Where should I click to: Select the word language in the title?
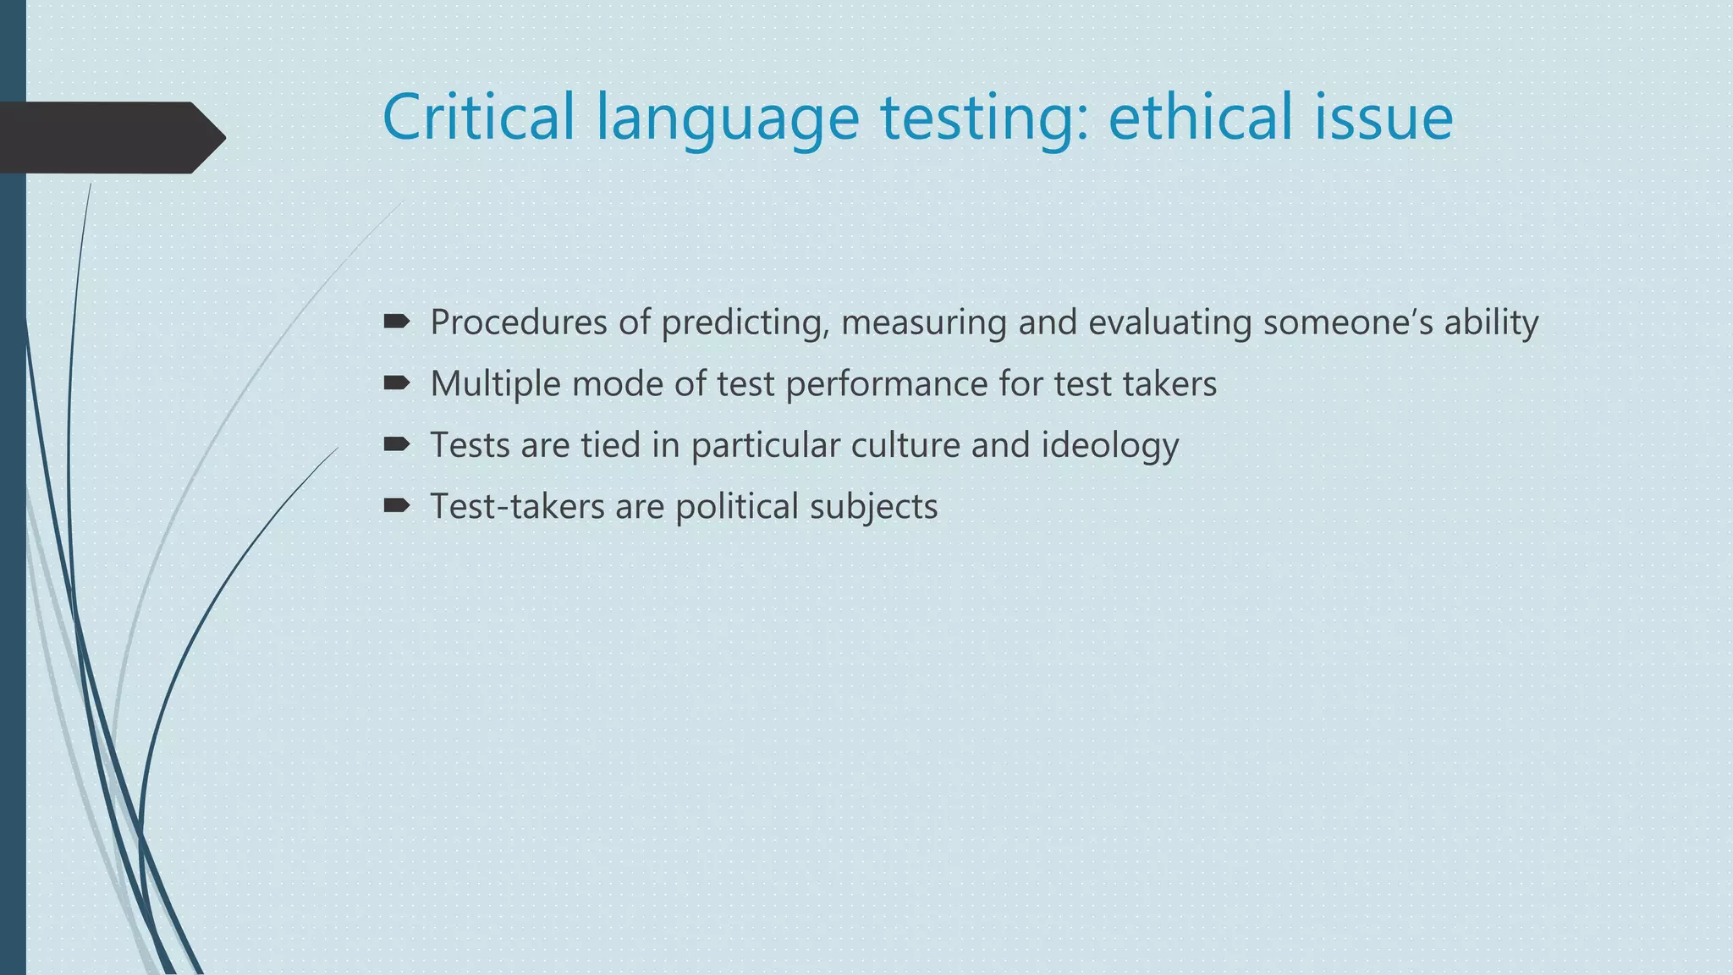(x=728, y=118)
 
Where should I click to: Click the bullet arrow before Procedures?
(x=396, y=322)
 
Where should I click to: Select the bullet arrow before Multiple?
(x=396, y=383)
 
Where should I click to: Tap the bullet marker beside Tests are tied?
(x=396, y=444)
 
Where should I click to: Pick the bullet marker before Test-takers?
(x=396, y=506)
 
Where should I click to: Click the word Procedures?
(x=519, y=322)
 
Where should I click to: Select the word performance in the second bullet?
(x=886, y=384)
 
